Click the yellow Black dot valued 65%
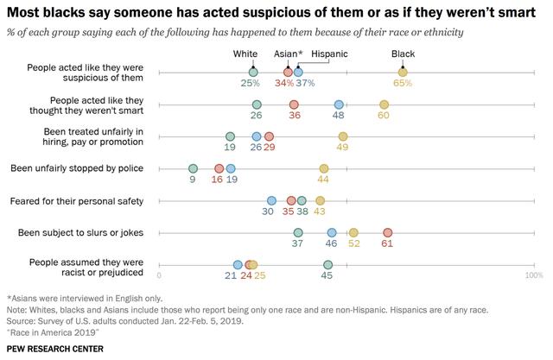pyautogui.click(x=403, y=73)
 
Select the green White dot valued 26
pyautogui.click(x=257, y=104)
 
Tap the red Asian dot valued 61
pyautogui.click(x=388, y=233)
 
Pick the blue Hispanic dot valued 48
pyautogui.click(x=339, y=104)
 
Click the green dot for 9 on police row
pyautogui.click(x=193, y=169)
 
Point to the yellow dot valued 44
pyautogui.click(x=324, y=169)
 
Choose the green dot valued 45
pyautogui.click(x=327, y=265)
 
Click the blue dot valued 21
pyautogui.click(x=238, y=265)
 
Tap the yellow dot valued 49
pyautogui.click(x=343, y=136)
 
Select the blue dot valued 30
pyautogui.click(x=271, y=201)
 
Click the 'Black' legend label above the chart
pyautogui.click(x=403, y=54)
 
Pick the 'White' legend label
pyautogui.click(x=245, y=54)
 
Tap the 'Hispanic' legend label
pyautogui.click(x=328, y=54)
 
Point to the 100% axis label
pyautogui.click(x=534, y=275)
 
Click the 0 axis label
pyautogui.click(x=159, y=275)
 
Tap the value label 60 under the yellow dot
pyautogui.click(x=384, y=115)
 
